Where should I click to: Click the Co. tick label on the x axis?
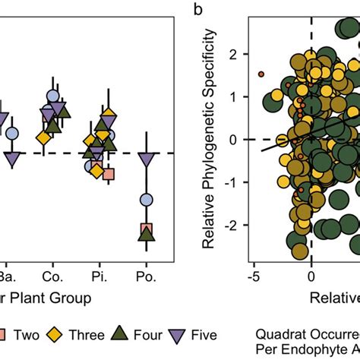(x=52, y=272)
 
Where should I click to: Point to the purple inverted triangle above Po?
(x=147, y=159)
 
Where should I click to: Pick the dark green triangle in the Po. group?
(x=147, y=234)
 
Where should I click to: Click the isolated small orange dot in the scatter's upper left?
(x=261, y=74)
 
